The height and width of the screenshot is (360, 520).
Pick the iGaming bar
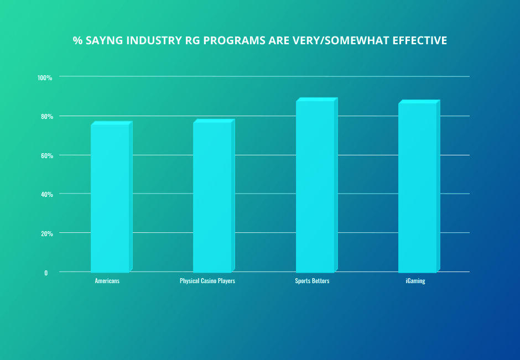pos(418,187)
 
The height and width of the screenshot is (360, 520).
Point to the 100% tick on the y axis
pos(45,77)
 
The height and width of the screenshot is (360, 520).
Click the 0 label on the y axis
pos(46,273)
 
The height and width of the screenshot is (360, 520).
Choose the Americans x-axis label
pos(107,281)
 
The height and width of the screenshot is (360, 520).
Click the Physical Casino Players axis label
pos(207,281)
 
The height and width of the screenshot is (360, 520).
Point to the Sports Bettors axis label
pos(312,281)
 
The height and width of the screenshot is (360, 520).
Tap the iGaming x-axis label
pos(414,281)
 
